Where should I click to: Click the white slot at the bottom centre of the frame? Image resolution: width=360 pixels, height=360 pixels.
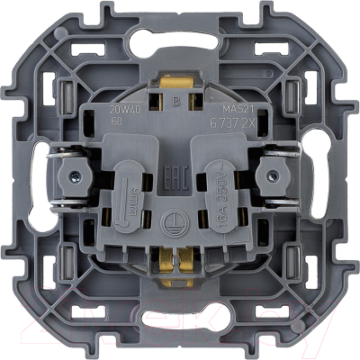[x=180, y=316]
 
